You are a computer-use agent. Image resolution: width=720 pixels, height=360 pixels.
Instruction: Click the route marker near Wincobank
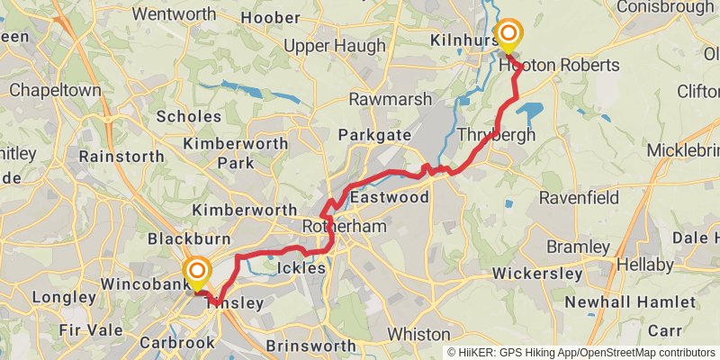(196, 272)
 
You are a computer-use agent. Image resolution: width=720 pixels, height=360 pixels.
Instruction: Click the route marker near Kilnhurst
(508, 36)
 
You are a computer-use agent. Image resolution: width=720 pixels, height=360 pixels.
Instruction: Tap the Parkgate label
(374, 135)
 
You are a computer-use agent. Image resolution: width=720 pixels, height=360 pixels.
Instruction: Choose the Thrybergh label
(496, 135)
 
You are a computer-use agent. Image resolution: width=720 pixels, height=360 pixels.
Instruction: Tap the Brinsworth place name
(310, 346)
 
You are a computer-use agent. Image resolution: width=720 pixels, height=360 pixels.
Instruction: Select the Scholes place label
(188, 116)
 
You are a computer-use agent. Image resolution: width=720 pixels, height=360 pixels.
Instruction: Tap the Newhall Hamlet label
(619, 301)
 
